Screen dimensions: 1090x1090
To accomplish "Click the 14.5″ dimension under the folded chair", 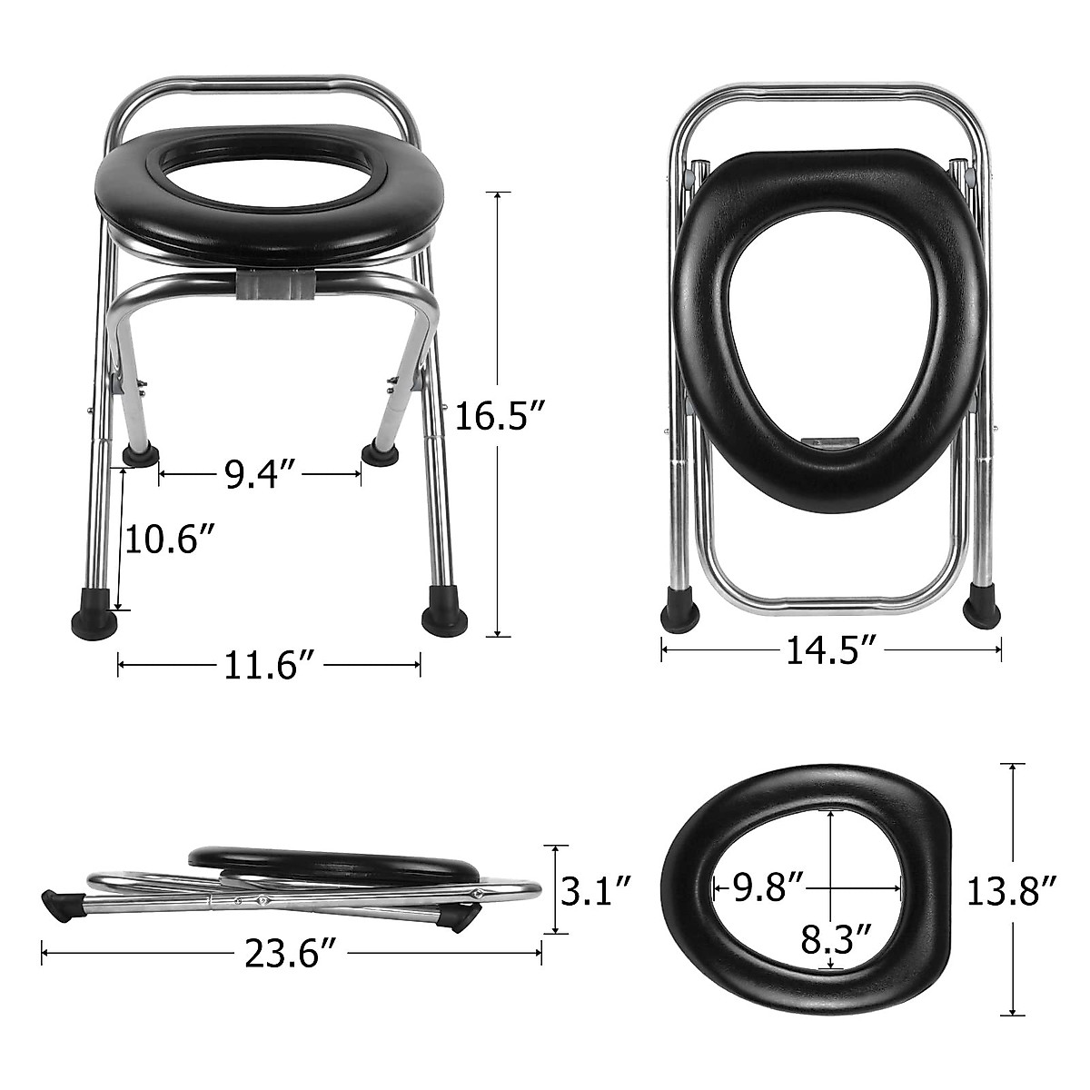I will pos(830,650).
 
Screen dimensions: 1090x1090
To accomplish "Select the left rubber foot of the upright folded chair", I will pos(681,609).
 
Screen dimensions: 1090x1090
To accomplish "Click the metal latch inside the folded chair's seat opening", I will pos(830,442).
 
